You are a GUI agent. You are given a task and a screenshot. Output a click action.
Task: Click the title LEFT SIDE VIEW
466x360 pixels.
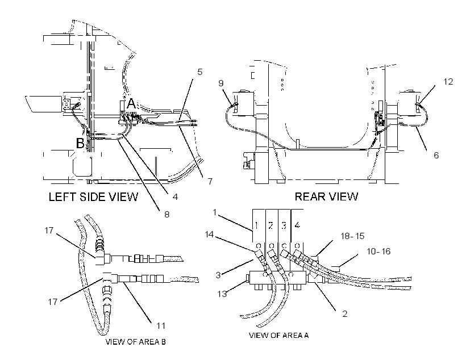tap(93, 196)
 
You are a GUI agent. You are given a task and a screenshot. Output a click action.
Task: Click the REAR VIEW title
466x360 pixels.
tap(326, 196)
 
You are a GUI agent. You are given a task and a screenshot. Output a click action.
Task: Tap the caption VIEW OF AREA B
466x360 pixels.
tap(135, 342)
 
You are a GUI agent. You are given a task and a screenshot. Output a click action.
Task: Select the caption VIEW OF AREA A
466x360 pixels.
tap(279, 336)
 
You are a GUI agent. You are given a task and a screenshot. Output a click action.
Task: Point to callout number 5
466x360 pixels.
tap(199, 72)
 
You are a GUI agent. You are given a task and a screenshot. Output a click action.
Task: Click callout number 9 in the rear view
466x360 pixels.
tap(221, 83)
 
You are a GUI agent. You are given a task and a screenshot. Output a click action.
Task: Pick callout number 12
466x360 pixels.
tap(448, 81)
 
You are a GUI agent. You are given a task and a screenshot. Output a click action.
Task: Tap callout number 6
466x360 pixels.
tap(436, 155)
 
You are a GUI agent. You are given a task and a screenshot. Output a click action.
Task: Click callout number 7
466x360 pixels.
tap(210, 181)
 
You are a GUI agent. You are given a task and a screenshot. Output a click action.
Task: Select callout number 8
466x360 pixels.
tap(167, 215)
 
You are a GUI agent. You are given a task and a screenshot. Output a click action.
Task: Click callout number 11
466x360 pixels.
tap(161, 326)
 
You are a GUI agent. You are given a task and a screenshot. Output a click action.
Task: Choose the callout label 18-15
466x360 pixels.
tap(352, 236)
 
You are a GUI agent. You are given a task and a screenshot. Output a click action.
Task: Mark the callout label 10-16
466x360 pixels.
tap(378, 252)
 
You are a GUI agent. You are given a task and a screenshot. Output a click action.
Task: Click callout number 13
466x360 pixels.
tap(222, 294)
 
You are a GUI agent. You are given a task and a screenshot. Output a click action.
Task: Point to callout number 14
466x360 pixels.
tap(209, 235)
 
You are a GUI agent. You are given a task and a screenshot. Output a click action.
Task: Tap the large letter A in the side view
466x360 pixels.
tap(131, 104)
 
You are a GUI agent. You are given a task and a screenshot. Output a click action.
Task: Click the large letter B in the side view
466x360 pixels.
tap(80, 143)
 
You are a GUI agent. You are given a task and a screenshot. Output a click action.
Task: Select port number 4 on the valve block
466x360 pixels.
tap(297, 225)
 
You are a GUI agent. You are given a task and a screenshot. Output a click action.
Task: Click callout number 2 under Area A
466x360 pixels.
tap(345, 313)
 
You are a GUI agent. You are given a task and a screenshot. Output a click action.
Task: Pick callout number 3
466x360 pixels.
tap(218, 275)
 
